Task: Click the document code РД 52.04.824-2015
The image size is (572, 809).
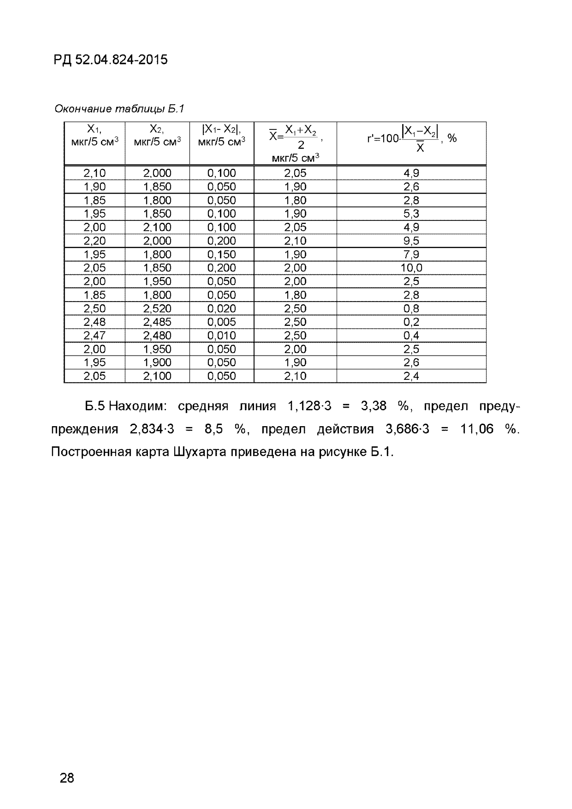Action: tap(111, 60)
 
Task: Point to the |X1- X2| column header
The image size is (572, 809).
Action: tap(221, 135)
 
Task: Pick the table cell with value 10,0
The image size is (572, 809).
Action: tap(411, 268)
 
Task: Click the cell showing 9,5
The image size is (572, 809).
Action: tap(411, 241)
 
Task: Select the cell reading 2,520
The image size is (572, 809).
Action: tap(157, 308)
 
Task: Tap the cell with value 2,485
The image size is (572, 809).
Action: tap(157, 322)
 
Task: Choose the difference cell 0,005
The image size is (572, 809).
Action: tap(221, 322)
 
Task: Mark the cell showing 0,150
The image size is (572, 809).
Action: tap(221, 254)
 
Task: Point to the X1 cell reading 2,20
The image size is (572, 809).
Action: tap(95, 241)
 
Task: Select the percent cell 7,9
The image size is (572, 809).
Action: tap(411, 254)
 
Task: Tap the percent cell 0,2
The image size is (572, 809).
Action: tap(411, 322)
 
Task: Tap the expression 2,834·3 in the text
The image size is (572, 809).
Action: tap(152, 429)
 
